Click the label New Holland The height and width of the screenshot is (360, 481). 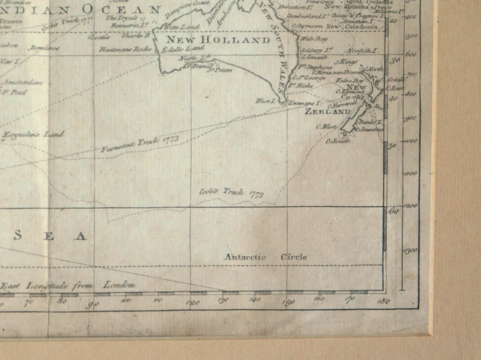[218, 40]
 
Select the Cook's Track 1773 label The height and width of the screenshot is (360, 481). [231, 193]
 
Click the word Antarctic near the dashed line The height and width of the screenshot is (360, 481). [245, 257]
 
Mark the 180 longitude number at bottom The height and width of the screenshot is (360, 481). [383, 301]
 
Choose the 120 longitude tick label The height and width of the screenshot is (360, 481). [193, 302]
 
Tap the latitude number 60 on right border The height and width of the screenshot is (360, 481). [394, 211]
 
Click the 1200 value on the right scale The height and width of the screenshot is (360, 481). [411, 205]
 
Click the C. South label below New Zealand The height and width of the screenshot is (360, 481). [338, 141]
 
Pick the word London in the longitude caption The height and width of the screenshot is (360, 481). [119, 285]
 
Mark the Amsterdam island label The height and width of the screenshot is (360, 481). [23, 83]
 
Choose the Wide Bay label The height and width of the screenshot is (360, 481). [314, 39]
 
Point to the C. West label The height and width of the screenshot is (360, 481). [326, 127]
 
